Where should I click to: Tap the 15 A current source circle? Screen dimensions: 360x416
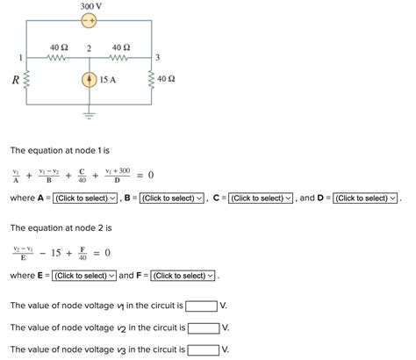(x=90, y=80)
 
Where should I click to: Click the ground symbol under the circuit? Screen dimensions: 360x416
(x=90, y=114)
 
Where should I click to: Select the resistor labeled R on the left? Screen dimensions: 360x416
(x=28, y=80)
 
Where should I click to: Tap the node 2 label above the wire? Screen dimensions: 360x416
(x=90, y=47)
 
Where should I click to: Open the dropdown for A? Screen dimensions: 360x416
(x=84, y=198)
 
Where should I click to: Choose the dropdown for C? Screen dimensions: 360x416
(x=260, y=198)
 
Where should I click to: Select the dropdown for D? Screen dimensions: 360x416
(x=365, y=198)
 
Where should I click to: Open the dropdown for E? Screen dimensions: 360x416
(x=83, y=276)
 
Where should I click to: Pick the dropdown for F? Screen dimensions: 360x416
(x=182, y=276)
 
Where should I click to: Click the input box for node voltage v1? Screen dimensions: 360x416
(x=202, y=306)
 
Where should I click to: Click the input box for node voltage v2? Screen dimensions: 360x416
(x=204, y=328)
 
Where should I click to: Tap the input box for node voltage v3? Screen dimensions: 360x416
(x=204, y=349)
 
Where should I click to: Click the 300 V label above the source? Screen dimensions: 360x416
(x=90, y=6)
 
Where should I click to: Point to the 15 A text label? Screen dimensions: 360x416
(x=109, y=80)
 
